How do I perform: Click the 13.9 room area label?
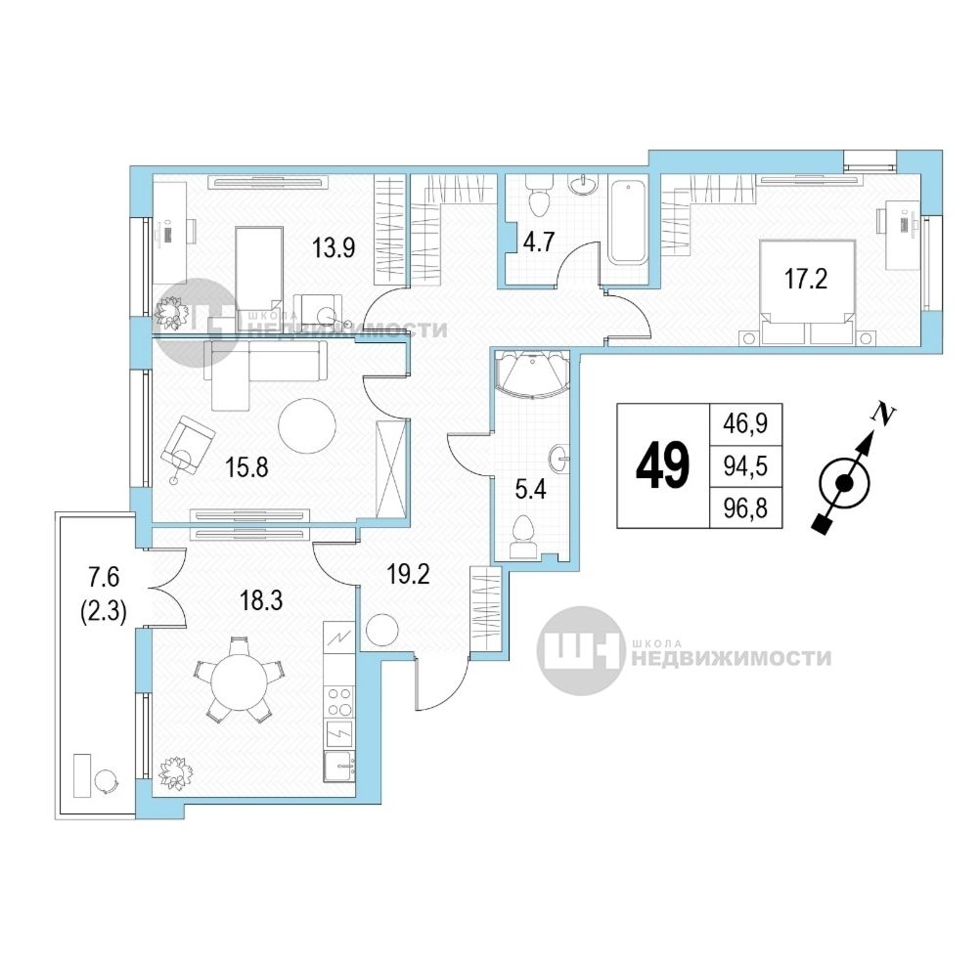click(334, 248)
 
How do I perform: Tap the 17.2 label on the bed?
click(806, 279)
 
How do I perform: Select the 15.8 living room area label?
click(246, 466)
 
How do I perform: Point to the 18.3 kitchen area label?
click(261, 600)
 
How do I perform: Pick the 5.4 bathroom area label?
click(531, 490)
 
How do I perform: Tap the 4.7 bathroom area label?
click(538, 241)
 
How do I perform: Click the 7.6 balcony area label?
click(104, 577)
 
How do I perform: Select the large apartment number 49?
click(662, 466)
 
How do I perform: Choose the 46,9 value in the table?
click(745, 424)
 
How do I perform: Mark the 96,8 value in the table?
click(745, 507)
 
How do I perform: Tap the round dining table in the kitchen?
click(240, 682)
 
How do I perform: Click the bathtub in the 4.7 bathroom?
click(628, 222)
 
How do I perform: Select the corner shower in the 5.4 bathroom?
click(531, 373)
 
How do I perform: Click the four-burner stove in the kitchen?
click(339, 701)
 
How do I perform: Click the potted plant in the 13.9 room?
click(170, 312)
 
